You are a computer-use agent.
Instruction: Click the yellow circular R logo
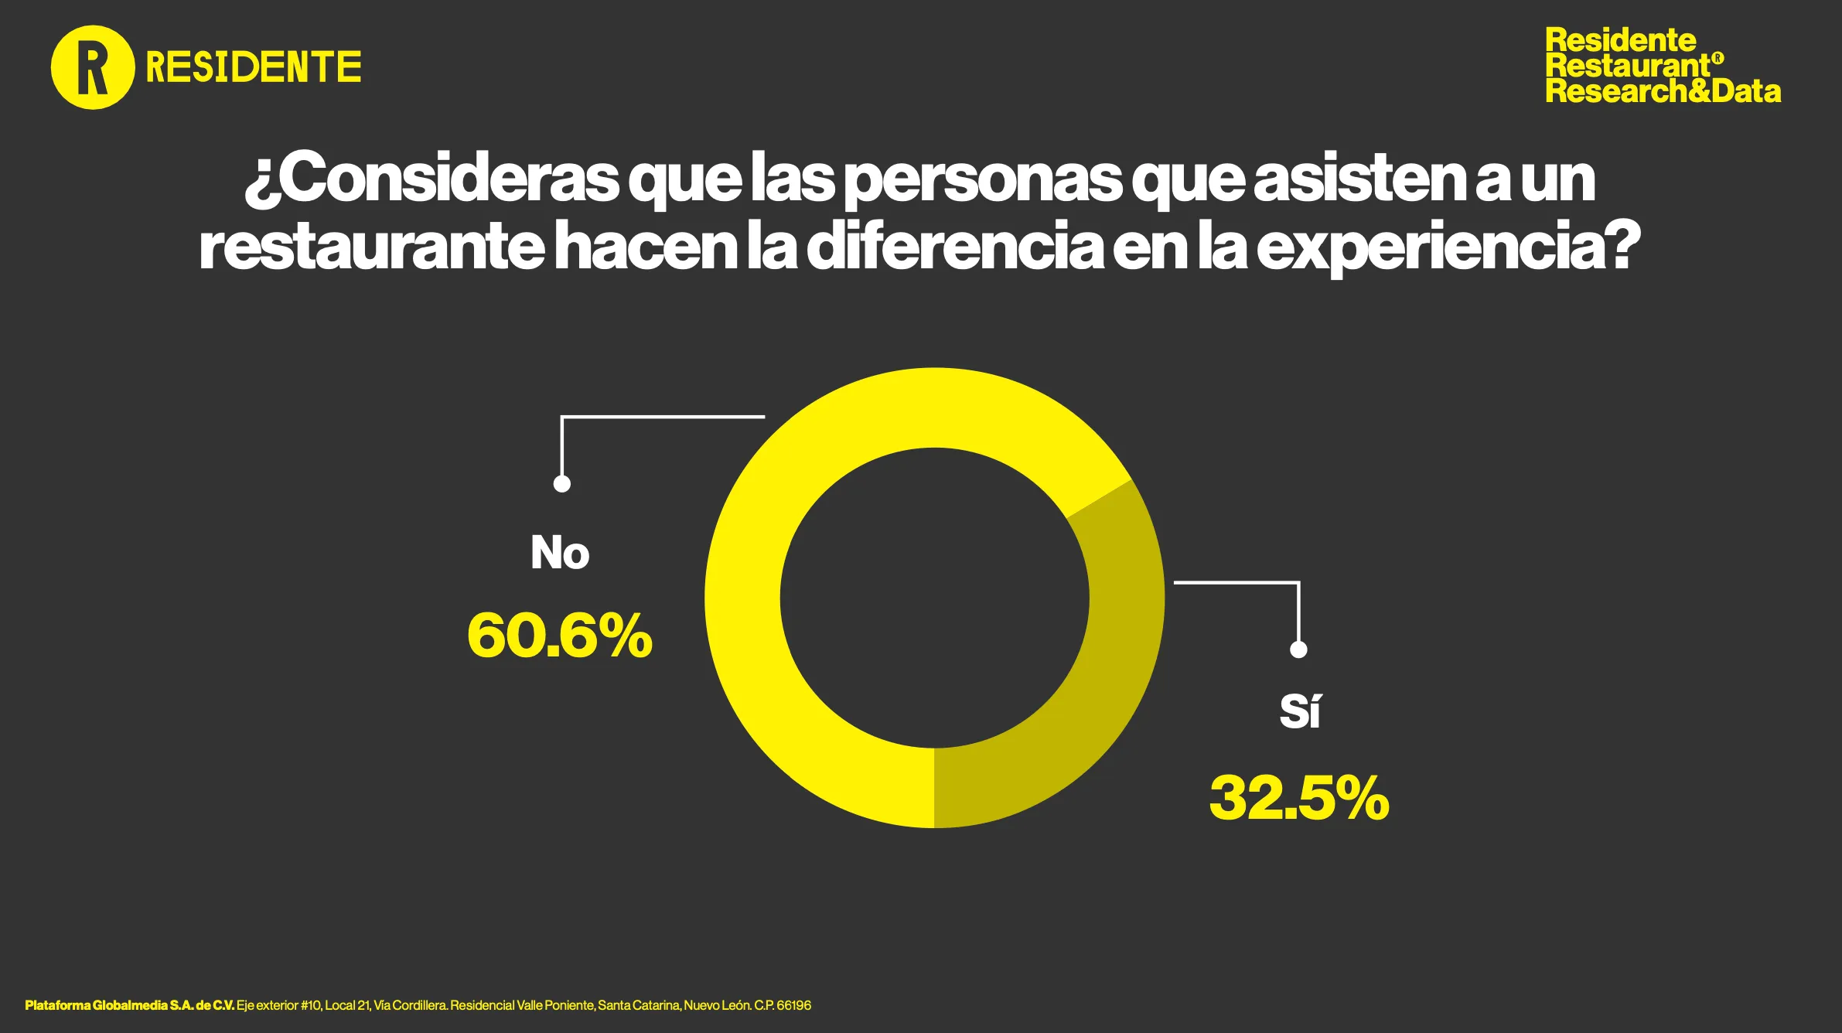[92, 67]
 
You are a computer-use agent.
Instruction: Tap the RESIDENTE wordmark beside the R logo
[253, 67]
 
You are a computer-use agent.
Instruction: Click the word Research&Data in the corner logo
[1663, 91]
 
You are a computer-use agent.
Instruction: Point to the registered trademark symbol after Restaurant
[1717, 58]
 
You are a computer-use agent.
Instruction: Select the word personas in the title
[982, 180]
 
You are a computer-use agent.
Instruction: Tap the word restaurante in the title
[371, 247]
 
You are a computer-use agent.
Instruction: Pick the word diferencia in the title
[955, 247]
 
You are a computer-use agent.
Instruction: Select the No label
[560, 553]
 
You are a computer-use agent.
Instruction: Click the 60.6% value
[560, 636]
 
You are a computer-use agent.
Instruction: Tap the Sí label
[1300, 711]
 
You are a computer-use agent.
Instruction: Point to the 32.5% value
[1299, 798]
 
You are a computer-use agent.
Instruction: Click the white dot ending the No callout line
[562, 484]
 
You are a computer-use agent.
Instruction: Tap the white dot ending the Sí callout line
[1298, 649]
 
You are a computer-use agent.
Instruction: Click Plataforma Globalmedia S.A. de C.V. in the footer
[129, 1005]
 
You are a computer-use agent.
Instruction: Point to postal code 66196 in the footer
[793, 1005]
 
